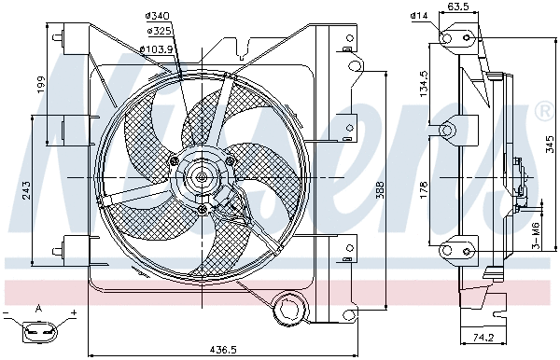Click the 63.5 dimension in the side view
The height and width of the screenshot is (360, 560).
tap(457, 7)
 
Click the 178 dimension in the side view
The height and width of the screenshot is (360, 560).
tap(423, 190)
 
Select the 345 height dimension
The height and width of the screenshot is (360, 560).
tap(550, 144)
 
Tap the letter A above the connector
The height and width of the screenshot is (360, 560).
tap(38, 309)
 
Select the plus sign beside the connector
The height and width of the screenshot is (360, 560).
tap(73, 312)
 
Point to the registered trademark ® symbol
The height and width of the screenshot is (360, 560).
tap(543, 113)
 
